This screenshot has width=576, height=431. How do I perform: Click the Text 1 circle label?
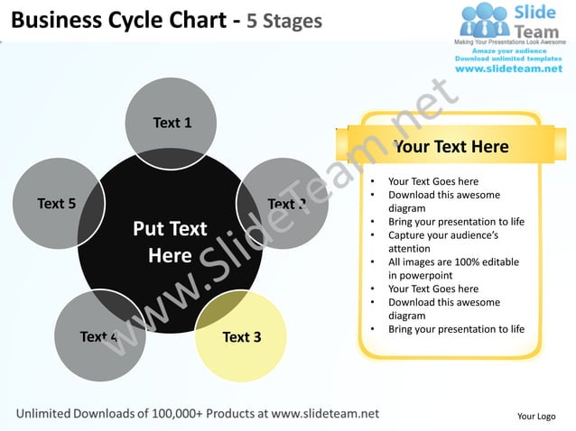pos(172,123)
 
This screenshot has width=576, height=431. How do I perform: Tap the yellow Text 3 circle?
pos(241,336)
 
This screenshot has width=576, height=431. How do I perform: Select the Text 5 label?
pos(56,203)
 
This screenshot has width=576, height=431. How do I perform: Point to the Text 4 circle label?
pos(99,336)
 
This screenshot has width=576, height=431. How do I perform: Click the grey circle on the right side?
pos(283,204)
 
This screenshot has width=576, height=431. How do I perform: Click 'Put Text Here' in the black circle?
pos(170,242)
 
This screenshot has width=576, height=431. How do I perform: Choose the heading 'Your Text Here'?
pos(451,146)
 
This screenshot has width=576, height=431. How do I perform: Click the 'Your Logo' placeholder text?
pos(535,416)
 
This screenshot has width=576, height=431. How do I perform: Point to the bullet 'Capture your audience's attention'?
pos(442,242)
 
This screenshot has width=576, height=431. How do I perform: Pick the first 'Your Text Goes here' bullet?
pos(432,181)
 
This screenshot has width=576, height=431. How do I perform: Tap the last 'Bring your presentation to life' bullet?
pos(456,329)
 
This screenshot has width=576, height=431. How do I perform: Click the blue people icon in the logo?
pos(485,22)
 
